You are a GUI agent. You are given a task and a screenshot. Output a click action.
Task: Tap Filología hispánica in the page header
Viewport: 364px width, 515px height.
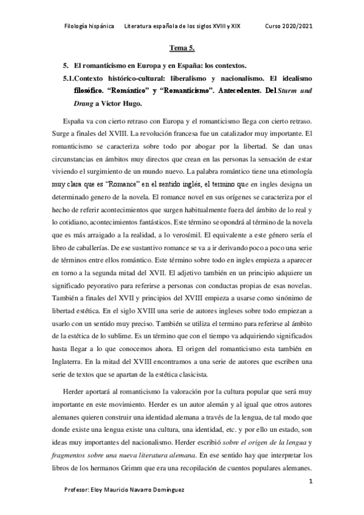89,27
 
